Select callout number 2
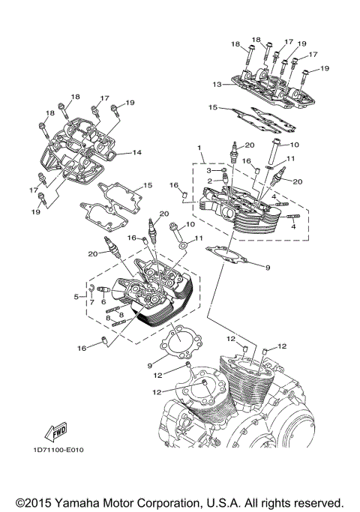tap(211, 181)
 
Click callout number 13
tap(217, 84)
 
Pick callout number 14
tap(137, 153)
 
